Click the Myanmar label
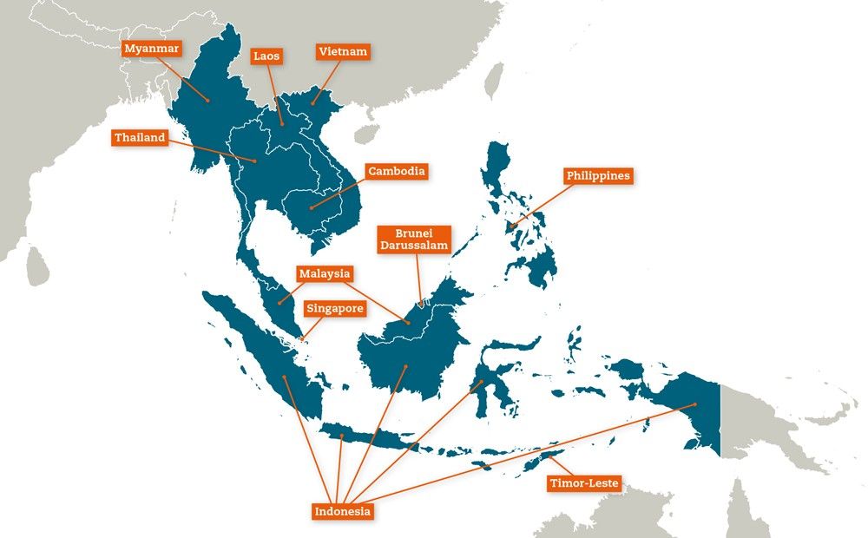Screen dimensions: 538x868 [x=151, y=49]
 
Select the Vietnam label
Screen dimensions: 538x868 [x=342, y=52]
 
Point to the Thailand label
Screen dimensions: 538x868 [x=140, y=138]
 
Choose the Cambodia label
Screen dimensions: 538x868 [x=396, y=171]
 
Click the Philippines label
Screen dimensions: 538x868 [x=598, y=175]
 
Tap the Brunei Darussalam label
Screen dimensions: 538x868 [x=413, y=239]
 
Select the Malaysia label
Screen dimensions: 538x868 [x=324, y=274]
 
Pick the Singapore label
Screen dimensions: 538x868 [x=334, y=308]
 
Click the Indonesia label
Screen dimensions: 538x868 [x=343, y=511]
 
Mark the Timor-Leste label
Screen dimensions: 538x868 [x=584, y=483]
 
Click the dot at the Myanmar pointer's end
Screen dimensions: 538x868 [x=208, y=101]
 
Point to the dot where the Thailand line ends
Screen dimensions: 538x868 [x=255, y=161]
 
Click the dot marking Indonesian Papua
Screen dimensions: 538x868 [x=695, y=405]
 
